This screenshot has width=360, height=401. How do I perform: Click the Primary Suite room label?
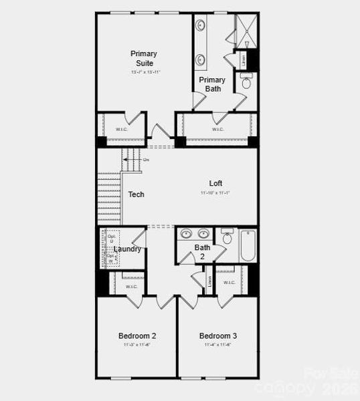tap(144, 58)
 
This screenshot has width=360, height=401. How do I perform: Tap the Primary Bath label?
tap(212, 84)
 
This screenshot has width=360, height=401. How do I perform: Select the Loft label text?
tap(215, 183)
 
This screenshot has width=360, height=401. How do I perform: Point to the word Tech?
tap(137, 194)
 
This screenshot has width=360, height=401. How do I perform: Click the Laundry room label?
tap(127, 249)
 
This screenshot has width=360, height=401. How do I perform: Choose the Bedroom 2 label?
tap(137, 336)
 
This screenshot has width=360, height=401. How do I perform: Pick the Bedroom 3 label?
tap(217, 336)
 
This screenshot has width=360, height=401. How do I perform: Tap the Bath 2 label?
tap(202, 251)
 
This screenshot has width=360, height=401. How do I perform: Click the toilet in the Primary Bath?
tap(246, 83)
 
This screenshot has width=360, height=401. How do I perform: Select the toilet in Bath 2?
tap(227, 237)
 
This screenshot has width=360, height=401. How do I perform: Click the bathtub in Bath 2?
tap(248, 246)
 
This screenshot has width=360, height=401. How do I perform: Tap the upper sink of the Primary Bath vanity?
tap(201, 26)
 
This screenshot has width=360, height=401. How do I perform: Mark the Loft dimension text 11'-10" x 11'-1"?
tap(215, 193)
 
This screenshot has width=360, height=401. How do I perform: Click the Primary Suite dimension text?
tap(144, 72)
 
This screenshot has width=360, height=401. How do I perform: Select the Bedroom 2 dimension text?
tap(137, 345)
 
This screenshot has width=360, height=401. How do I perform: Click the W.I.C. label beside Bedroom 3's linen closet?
tap(230, 281)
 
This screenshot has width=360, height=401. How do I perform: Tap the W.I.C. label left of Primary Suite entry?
tap(122, 129)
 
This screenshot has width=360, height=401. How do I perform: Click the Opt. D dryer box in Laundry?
tap(111, 239)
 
